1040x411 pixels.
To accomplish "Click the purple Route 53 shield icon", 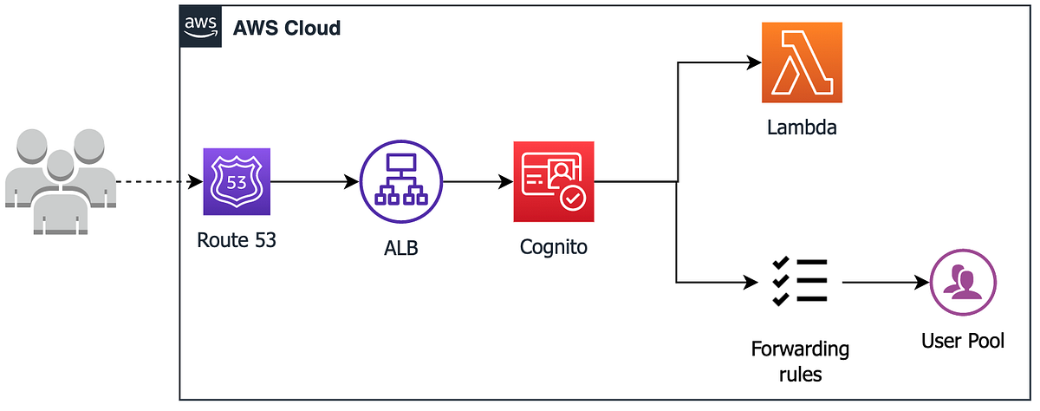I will pos(237,181).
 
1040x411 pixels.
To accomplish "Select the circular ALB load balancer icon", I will pos(400,183).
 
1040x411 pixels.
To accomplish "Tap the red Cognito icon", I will pos(554,182).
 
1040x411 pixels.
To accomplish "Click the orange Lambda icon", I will pos(802,62).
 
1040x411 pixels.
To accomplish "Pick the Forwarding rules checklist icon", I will pos(799,282).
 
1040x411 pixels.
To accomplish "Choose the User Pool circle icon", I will pos(962,283).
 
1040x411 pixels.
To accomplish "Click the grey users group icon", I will pos(60,182).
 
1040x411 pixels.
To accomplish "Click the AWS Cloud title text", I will pos(287,28).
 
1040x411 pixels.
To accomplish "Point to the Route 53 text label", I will pos(237,240).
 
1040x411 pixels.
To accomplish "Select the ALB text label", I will pos(400,249).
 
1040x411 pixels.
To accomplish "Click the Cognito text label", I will pos(554,247).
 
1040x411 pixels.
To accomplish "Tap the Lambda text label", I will pos(802,129).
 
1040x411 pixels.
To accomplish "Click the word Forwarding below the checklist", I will pos(800,349).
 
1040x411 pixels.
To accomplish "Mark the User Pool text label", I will pos(962,341).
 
